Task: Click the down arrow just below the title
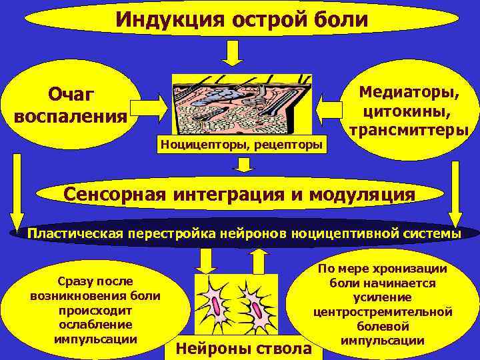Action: coord(231,53)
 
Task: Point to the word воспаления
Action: coord(71,116)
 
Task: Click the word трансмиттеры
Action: coord(409,129)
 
